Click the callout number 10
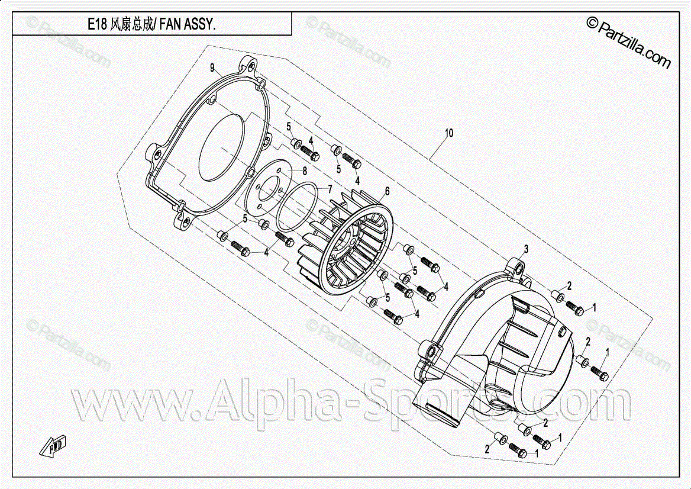click(x=449, y=133)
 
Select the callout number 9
click(x=212, y=67)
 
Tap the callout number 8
click(x=304, y=170)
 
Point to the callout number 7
click(x=330, y=189)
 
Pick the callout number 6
click(x=388, y=191)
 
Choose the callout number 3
click(x=525, y=249)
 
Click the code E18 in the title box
click(x=97, y=24)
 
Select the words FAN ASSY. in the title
click(x=188, y=24)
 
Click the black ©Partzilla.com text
click(x=628, y=42)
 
